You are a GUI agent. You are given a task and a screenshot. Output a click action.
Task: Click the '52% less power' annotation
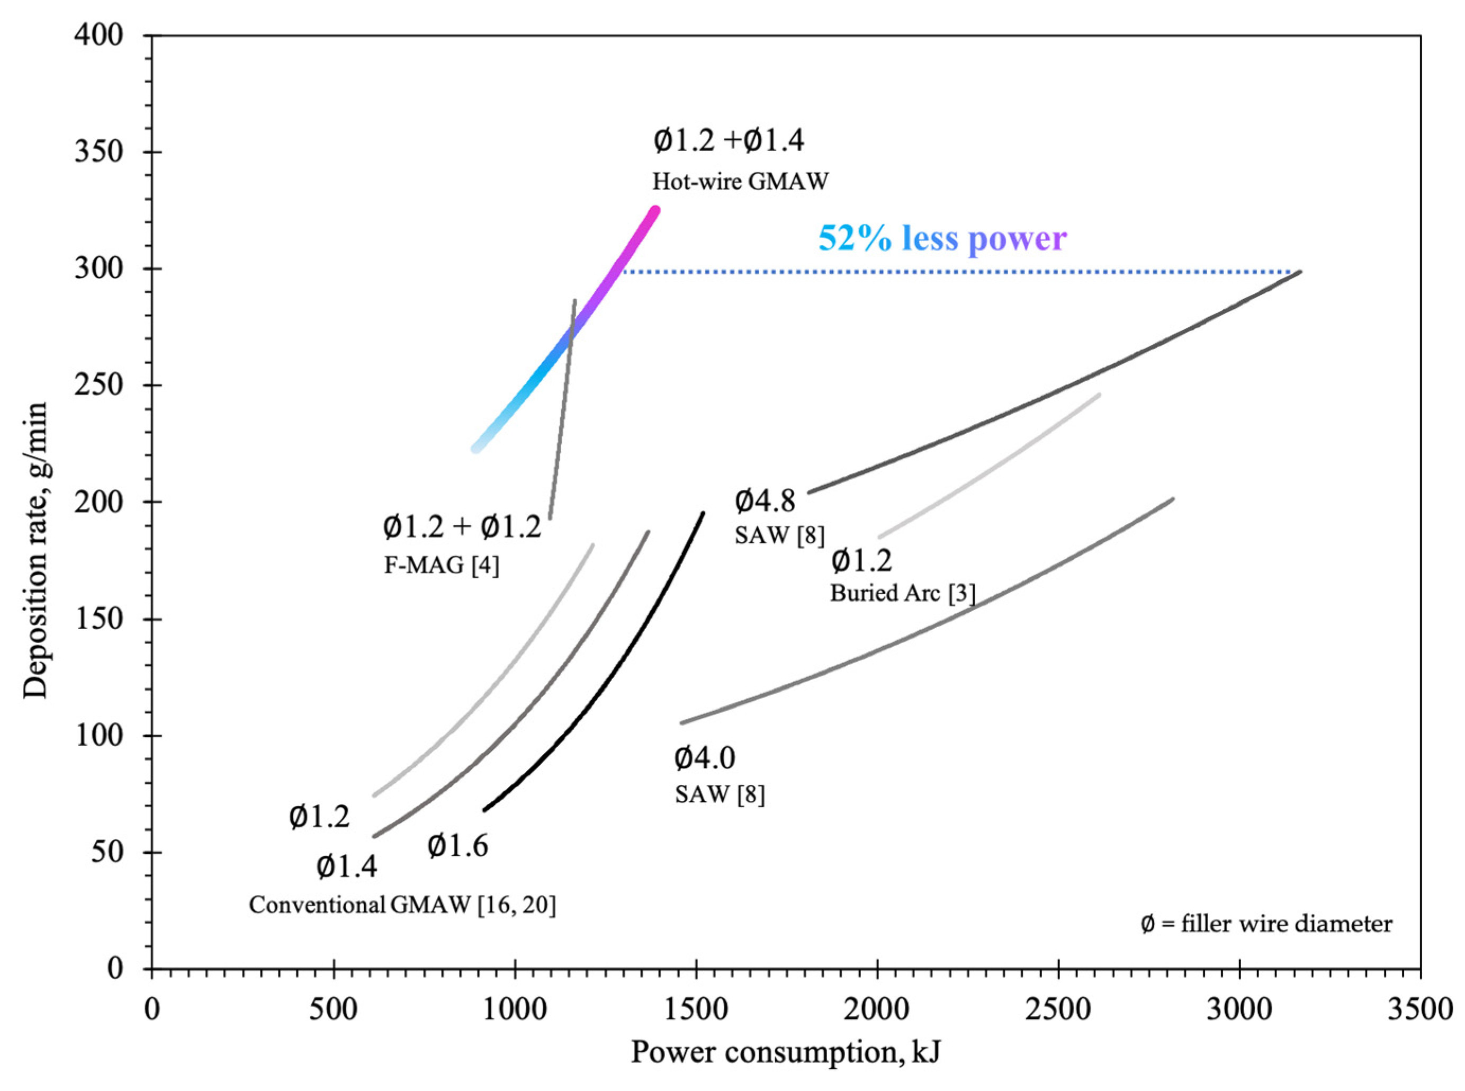click(x=942, y=238)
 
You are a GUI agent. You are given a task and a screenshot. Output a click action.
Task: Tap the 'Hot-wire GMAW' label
click(x=740, y=181)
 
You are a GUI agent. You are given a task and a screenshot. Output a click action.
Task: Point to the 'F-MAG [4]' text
click(x=442, y=565)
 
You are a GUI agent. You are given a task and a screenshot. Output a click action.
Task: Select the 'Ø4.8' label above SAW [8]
click(x=765, y=501)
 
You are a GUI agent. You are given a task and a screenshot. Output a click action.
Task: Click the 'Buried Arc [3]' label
click(x=902, y=593)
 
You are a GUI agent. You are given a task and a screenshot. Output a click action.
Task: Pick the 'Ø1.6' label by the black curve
click(x=457, y=846)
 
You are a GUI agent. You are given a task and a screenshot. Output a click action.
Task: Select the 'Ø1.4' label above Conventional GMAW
click(x=347, y=867)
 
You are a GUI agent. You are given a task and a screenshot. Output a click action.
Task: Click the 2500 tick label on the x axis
click(x=1058, y=1010)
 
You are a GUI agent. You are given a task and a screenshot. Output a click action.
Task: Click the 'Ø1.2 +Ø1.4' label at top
click(x=729, y=141)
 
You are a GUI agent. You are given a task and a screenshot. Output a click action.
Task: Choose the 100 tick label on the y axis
click(x=99, y=735)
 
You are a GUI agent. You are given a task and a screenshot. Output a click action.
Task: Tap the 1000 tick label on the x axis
click(x=514, y=1010)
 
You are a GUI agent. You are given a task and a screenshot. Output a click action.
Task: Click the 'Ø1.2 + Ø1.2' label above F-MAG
click(x=462, y=527)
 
